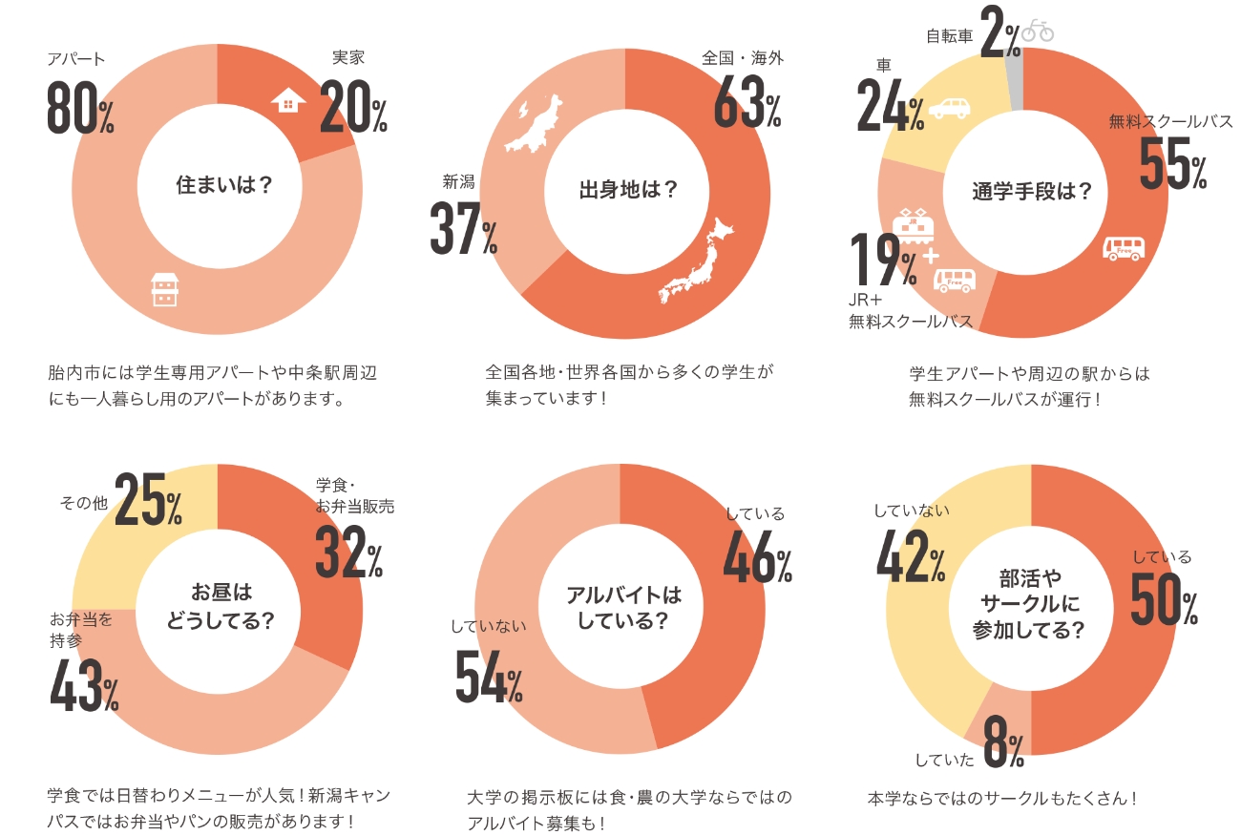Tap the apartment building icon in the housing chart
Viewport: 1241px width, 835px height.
click(x=164, y=290)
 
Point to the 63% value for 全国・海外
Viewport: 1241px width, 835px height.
click(x=747, y=106)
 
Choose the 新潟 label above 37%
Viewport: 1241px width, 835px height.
click(x=458, y=181)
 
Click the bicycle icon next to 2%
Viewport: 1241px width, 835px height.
click(x=1038, y=31)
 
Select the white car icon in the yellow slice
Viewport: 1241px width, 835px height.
click(x=949, y=107)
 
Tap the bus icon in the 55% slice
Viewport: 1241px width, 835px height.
click(x=1124, y=249)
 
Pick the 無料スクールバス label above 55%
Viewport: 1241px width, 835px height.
click(x=1170, y=122)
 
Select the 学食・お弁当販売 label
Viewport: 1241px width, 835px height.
click(x=354, y=496)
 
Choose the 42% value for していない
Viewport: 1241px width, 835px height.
click(x=911, y=556)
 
